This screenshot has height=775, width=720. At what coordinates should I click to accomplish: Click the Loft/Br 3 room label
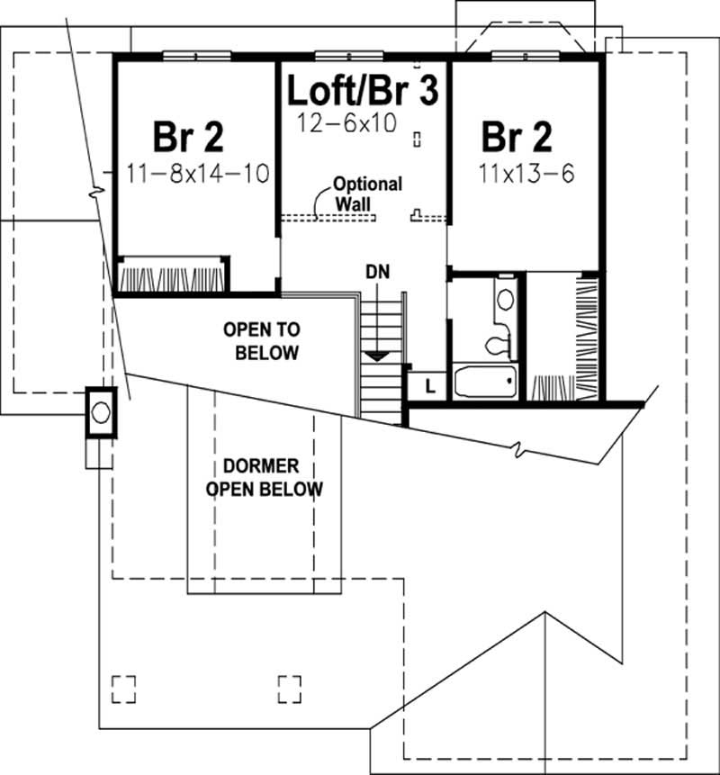click(363, 90)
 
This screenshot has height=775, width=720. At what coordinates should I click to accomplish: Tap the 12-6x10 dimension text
click(346, 123)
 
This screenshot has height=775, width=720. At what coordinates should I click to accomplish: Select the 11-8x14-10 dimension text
click(198, 174)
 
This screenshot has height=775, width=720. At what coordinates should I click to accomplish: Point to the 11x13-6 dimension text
click(526, 174)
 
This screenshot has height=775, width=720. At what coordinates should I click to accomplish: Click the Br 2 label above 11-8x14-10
click(188, 137)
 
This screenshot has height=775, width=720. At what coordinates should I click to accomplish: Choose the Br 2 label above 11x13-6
click(517, 137)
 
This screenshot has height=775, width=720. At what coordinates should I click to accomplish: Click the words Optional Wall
click(368, 194)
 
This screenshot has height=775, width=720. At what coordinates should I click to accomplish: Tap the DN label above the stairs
click(377, 271)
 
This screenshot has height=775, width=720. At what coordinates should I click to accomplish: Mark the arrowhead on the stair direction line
click(377, 356)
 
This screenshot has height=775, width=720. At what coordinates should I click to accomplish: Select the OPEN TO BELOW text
click(262, 341)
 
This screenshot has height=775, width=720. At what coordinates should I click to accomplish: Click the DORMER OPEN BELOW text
click(264, 477)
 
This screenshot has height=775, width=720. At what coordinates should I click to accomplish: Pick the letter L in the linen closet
click(430, 386)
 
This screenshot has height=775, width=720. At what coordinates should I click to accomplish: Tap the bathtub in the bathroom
click(485, 381)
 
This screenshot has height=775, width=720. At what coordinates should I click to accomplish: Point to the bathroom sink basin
click(505, 300)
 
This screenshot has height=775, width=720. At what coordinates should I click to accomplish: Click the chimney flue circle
click(101, 412)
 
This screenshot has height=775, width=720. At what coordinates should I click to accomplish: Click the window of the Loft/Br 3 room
click(350, 56)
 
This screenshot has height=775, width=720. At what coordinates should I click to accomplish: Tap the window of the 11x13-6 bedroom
click(526, 56)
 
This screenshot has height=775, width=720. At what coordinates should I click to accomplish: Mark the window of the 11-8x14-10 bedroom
click(197, 56)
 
